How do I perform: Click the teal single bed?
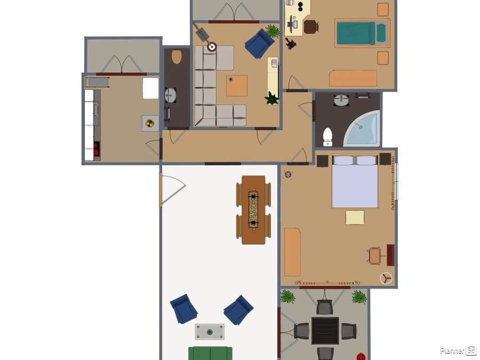click(x=362, y=33)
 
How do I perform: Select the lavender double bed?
click(x=355, y=181)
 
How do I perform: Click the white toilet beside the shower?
click(x=327, y=137)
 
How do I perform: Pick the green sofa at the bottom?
click(x=210, y=353)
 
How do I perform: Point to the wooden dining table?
click(x=253, y=210)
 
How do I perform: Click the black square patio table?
click(x=325, y=331)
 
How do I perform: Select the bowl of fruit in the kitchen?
click(x=150, y=123)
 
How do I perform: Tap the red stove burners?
click(x=97, y=149)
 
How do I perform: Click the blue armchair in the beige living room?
click(x=259, y=44)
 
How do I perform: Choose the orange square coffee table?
click(x=237, y=86)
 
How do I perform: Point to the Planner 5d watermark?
click(x=458, y=350)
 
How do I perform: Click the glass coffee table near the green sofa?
click(x=210, y=332)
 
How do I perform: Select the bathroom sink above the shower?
click(x=341, y=100)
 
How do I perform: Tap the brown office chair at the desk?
click(x=311, y=26)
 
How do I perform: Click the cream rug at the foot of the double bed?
click(x=355, y=218)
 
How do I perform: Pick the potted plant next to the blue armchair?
click(x=273, y=31)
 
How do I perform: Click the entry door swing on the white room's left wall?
click(x=173, y=190)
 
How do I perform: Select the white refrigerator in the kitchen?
click(x=150, y=88)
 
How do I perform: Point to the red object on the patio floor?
click(x=361, y=357)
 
